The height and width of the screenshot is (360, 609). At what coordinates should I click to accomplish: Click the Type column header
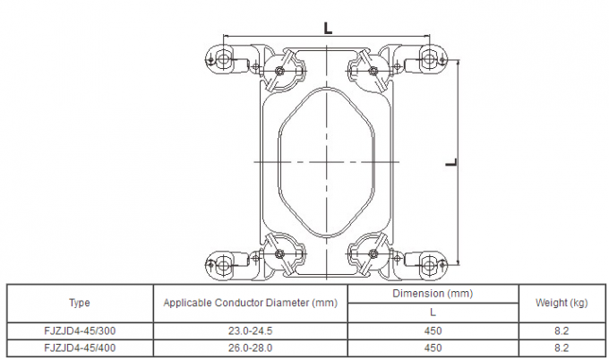(80, 303)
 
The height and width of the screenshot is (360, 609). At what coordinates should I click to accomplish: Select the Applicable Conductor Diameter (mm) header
(251, 303)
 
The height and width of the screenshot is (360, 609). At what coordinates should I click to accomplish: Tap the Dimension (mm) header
(433, 294)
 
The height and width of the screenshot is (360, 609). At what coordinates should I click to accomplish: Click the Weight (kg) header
(562, 303)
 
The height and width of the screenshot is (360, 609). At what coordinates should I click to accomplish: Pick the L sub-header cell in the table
(433, 313)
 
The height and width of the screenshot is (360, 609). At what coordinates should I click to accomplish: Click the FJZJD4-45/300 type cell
(80, 330)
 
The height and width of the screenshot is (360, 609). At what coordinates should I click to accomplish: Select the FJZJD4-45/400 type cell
(80, 348)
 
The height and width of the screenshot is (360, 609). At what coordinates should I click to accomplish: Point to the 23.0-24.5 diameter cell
(251, 330)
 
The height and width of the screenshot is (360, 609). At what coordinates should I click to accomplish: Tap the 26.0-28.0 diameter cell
(251, 348)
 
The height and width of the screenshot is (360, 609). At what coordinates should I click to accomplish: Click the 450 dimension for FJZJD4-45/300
(433, 330)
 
